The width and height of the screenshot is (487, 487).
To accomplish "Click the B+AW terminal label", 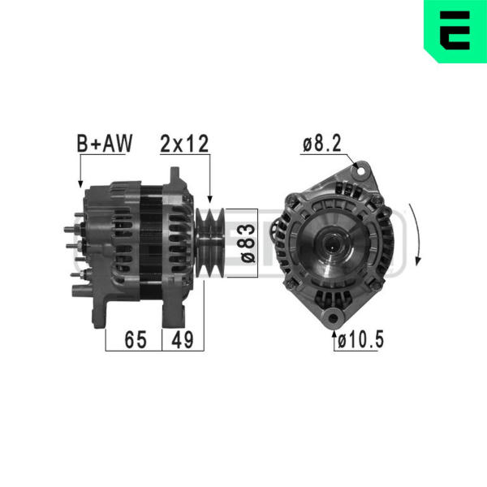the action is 105,143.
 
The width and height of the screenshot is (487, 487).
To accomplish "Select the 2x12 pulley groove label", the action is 184,144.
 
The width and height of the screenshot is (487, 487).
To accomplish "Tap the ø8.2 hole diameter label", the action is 322,143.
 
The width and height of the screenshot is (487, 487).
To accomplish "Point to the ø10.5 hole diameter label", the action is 360,339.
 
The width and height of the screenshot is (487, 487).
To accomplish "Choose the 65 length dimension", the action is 136,339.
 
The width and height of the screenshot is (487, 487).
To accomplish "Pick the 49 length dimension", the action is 183,339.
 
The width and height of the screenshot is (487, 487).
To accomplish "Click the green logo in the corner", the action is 455,31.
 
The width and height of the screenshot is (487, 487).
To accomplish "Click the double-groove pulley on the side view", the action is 210,243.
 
